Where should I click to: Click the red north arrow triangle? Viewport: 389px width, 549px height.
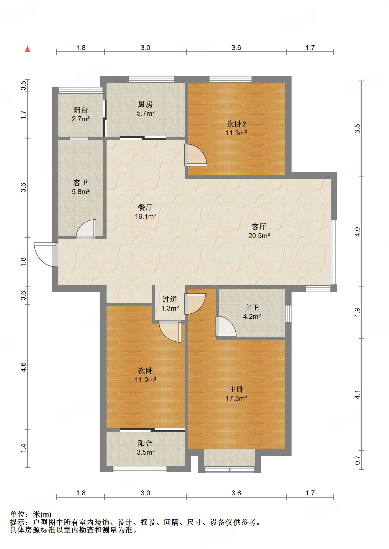point(28,49)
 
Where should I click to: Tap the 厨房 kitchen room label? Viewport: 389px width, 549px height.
point(145,104)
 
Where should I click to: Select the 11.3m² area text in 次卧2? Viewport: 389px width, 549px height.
point(236,133)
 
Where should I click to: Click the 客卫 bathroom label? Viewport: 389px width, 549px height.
point(81,183)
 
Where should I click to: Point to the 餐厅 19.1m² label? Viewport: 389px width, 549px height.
point(145,212)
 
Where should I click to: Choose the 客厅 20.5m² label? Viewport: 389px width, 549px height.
point(259,231)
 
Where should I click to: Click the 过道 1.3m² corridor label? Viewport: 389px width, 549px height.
point(170,304)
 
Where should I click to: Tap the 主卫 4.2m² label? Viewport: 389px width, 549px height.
point(252,312)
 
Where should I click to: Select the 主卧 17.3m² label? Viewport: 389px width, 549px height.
point(236,394)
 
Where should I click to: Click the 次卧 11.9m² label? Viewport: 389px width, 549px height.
point(145,375)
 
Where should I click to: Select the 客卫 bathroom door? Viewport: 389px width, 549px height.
point(86,229)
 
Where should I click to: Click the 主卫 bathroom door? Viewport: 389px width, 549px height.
point(226,327)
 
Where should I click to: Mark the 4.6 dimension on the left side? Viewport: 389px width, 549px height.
point(23,367)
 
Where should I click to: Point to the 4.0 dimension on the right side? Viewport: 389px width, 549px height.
point(357,232)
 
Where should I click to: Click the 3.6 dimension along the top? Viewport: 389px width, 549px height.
point(236,48)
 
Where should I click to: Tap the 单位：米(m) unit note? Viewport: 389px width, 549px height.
point(30,514)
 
